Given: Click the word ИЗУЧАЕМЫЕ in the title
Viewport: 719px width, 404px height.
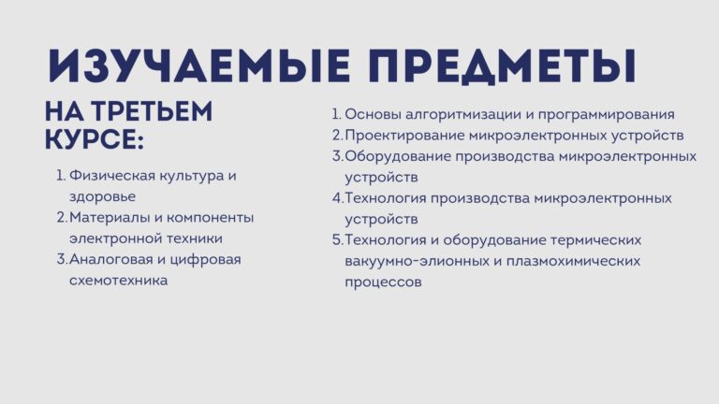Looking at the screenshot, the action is [x=198, y=66].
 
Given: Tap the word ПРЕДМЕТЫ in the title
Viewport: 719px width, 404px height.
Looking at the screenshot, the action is [x=502, y=66].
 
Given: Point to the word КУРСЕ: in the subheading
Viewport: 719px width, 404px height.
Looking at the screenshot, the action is [x=95, y=138].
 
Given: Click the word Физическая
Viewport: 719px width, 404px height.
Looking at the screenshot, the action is [x=109, y=176].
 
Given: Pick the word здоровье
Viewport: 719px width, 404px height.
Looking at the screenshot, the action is [x=102, y=197].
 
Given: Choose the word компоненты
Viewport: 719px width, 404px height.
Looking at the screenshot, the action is [x=210, y=217].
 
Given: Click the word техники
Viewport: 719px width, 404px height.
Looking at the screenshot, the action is [x=194, y=238].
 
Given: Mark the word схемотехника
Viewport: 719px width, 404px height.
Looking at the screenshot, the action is [x=118, y=281].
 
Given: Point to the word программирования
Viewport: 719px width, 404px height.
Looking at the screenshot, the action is [x=607, y=114].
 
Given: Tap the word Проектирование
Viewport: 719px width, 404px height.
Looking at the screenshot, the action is [x=404, y=136].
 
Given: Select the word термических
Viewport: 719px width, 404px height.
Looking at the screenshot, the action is [x=595, y=240].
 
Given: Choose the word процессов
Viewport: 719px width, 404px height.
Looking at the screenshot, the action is [x=383, y=282].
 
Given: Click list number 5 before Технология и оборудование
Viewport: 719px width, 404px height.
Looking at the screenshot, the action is [x=338, y=240].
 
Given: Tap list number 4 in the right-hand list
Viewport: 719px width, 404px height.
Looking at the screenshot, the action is [x=338, y=198].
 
